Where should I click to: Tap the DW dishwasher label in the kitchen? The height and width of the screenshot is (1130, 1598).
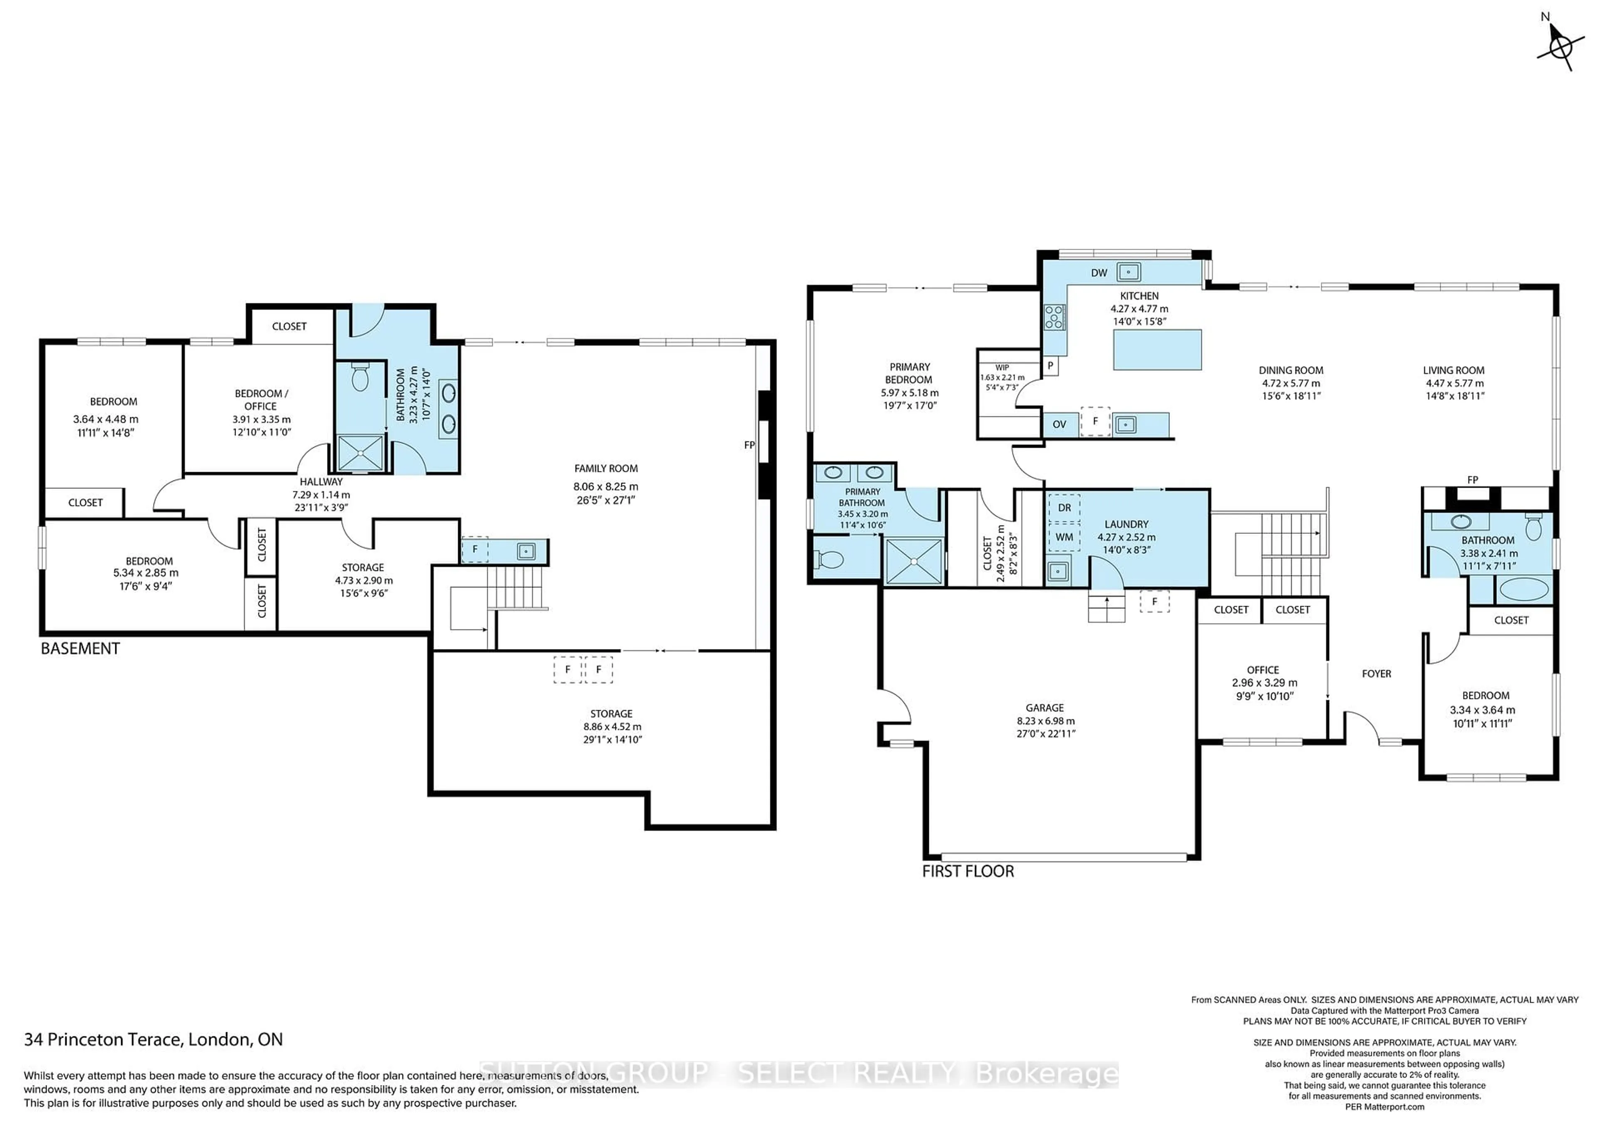(1099, 273)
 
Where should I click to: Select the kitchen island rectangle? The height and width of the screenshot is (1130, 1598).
(1157, 349)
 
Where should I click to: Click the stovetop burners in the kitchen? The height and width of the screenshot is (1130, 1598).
(1054, 317)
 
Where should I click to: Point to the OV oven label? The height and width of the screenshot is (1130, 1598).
(1060, 424)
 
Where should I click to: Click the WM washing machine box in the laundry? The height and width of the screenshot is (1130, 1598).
(1064, 537)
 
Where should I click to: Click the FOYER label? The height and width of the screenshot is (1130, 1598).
(1376, 674)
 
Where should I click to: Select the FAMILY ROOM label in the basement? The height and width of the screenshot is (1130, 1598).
(605, 468)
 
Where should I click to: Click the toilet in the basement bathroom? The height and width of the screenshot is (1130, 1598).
(360, 378)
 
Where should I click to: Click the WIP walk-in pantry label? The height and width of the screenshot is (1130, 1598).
(1002, 367)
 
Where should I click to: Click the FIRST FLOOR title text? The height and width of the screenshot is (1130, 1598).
(968, 871)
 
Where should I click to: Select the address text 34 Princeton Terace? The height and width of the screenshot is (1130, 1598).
(153, 1040)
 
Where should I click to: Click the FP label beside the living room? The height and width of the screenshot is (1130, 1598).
(1472, 479)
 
